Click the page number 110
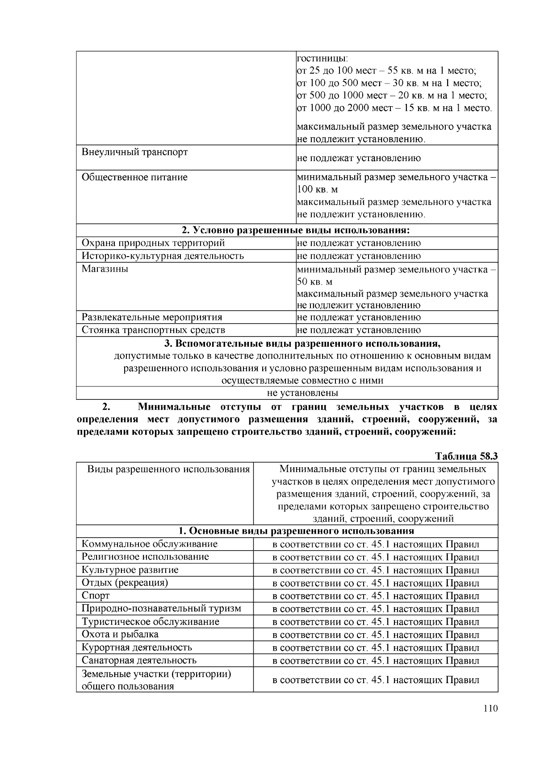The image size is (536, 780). click(490, 709)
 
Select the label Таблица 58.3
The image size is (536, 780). click(466, 456)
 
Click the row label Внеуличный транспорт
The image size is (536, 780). click(134, 152)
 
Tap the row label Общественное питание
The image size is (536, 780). click(134, 178)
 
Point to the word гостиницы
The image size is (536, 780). click(322, 58)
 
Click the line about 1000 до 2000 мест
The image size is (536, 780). click(394, 108)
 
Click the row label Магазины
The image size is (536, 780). click(105, 269)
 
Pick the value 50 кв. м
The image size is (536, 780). click(314, 282)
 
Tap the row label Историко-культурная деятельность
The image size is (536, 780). click(163, 256)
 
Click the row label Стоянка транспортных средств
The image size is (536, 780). click(153, 330)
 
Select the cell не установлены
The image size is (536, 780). click(302, 393)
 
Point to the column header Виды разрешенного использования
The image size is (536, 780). click(168, 469)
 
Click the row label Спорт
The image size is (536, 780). click(96, 596)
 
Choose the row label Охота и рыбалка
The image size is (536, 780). click(120, 635)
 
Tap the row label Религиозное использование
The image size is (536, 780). click(145, 557)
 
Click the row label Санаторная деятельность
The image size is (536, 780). click(139, 660)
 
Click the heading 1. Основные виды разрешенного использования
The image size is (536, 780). click(296, 531)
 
